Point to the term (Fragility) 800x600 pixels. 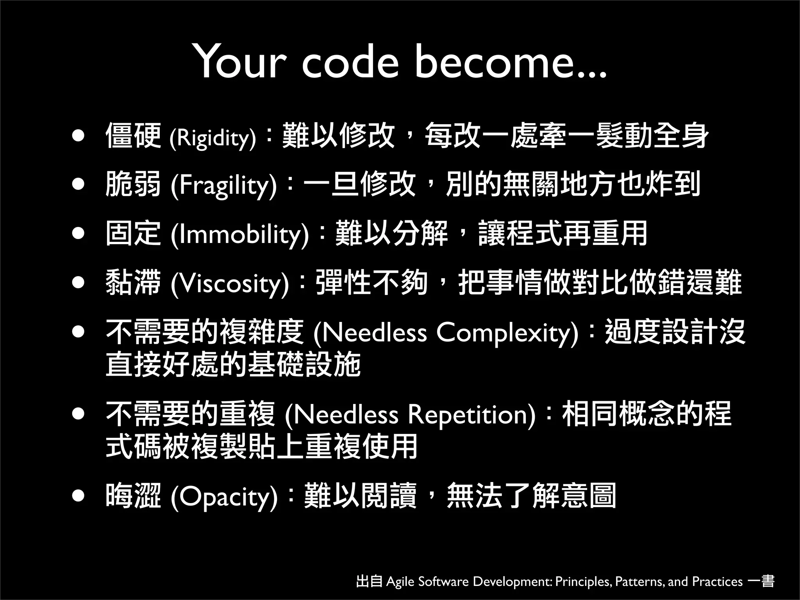click(223, 186)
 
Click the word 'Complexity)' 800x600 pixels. click(507, 333)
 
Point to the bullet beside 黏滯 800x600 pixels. click(79, 282)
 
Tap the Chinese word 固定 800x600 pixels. click(133, 234)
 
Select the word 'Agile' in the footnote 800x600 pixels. click(400, 582)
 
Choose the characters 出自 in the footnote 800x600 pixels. click(369, 581)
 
